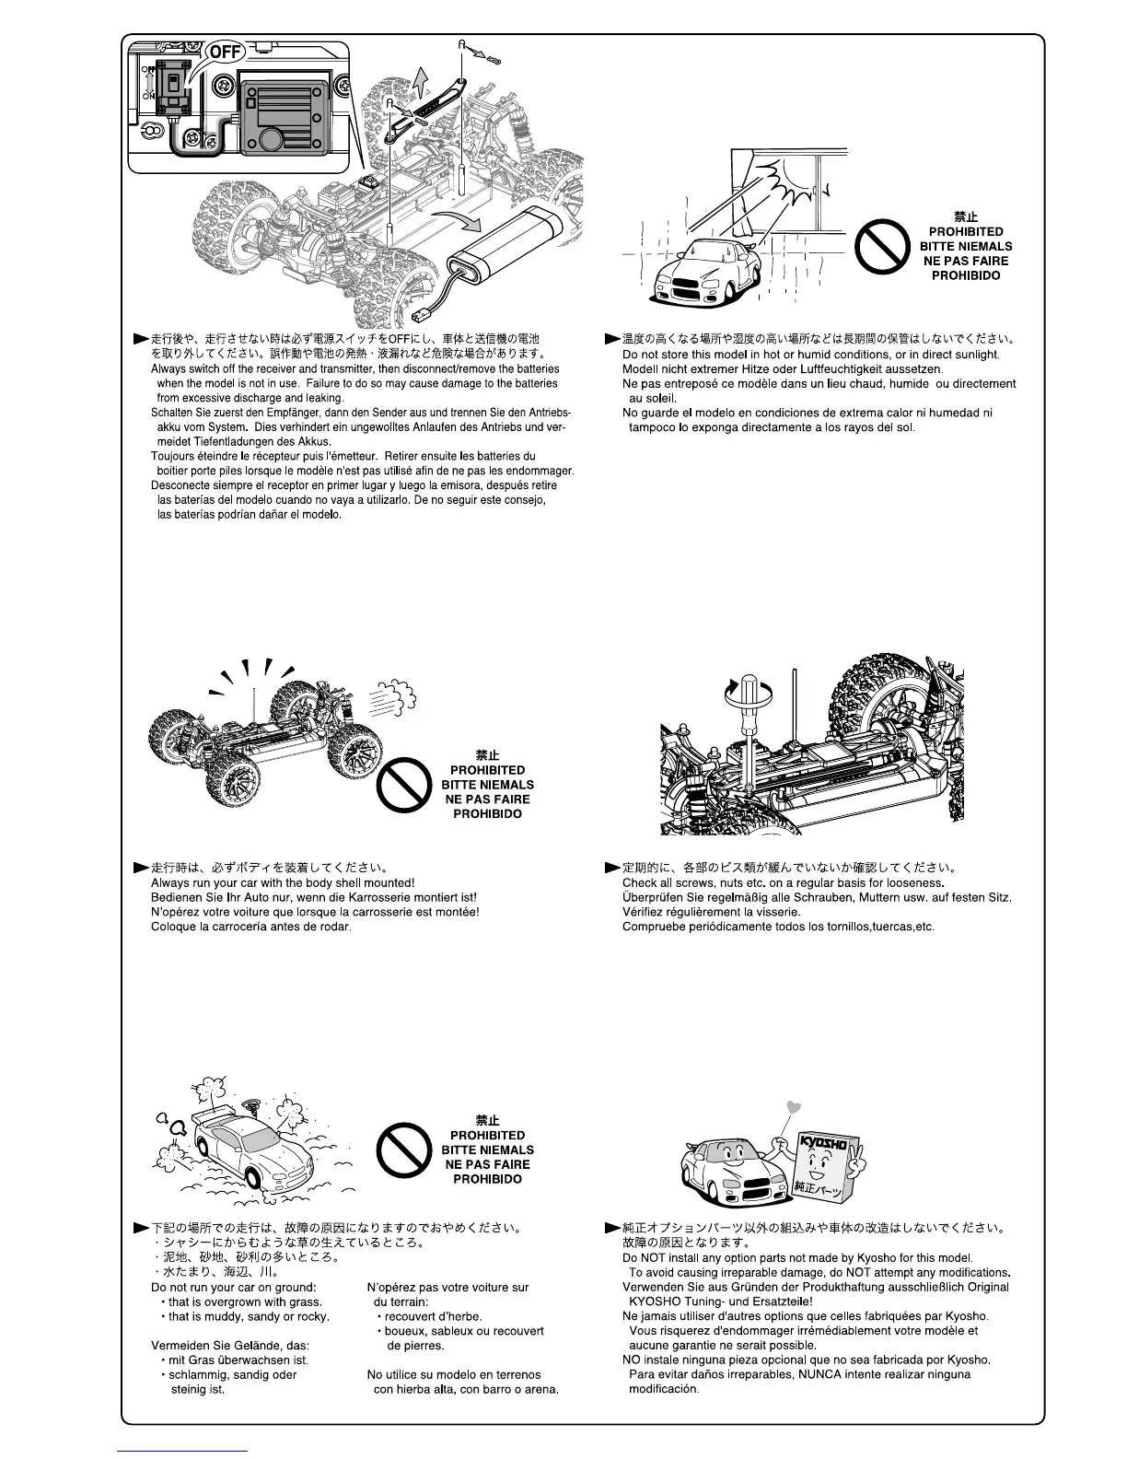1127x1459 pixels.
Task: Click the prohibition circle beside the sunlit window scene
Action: [x=882, y=247]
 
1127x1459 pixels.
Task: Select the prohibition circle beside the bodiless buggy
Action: [x=404, y=786]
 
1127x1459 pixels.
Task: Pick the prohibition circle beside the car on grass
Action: [x=404, y=1151]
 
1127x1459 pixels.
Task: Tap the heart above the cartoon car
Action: [x=796, y=1106]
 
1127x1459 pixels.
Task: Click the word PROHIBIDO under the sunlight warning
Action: [x=965, y=275]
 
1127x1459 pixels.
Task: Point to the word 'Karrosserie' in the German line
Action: [x=401, y=897]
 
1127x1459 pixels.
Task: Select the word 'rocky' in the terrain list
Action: [x=312, y=1316]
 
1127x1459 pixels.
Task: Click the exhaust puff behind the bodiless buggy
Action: [x=392, y=697]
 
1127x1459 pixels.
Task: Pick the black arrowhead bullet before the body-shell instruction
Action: [x=141, y=868]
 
